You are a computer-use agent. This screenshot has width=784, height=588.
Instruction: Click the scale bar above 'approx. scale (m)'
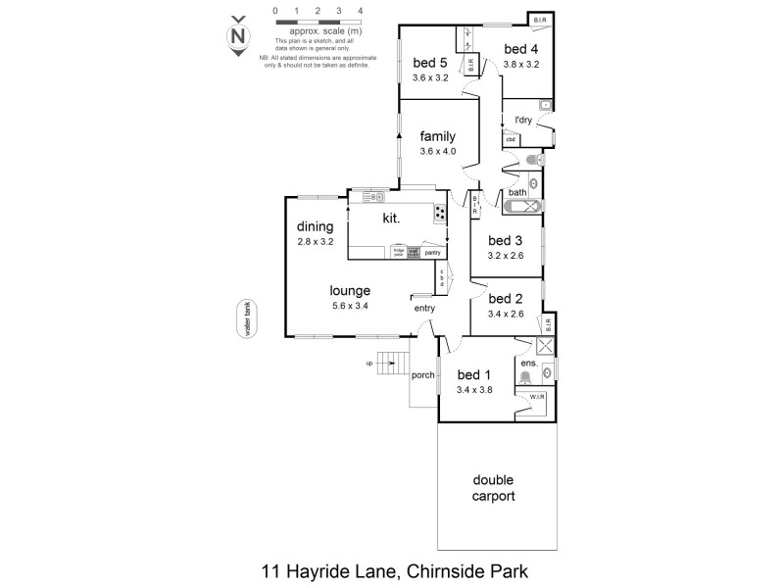pos(318,21)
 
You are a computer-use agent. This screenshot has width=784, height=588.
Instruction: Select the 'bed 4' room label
pos(520,49)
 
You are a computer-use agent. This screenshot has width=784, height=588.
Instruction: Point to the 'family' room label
pos(437,136)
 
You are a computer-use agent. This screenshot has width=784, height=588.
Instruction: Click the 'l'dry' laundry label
pos(525,121)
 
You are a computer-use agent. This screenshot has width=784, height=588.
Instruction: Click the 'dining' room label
pos(316,226)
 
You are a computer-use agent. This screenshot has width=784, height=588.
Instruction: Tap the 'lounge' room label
pos(350,291)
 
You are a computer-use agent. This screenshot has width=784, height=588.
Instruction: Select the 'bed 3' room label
pos(506,241)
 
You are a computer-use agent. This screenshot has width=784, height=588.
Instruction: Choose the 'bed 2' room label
pos(506,299)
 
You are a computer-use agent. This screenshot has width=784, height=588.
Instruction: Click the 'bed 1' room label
pos(475,374)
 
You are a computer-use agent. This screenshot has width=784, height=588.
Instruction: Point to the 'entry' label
pos(424,309)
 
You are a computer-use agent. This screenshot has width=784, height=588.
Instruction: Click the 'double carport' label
pos(494,488)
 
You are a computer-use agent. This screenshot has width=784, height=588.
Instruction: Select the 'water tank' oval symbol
pos(249,318)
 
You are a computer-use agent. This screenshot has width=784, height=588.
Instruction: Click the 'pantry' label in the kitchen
pos(431,252)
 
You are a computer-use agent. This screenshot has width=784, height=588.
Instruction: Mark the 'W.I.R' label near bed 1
pos(537,397)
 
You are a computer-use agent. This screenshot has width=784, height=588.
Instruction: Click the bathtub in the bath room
pos(522,207)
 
